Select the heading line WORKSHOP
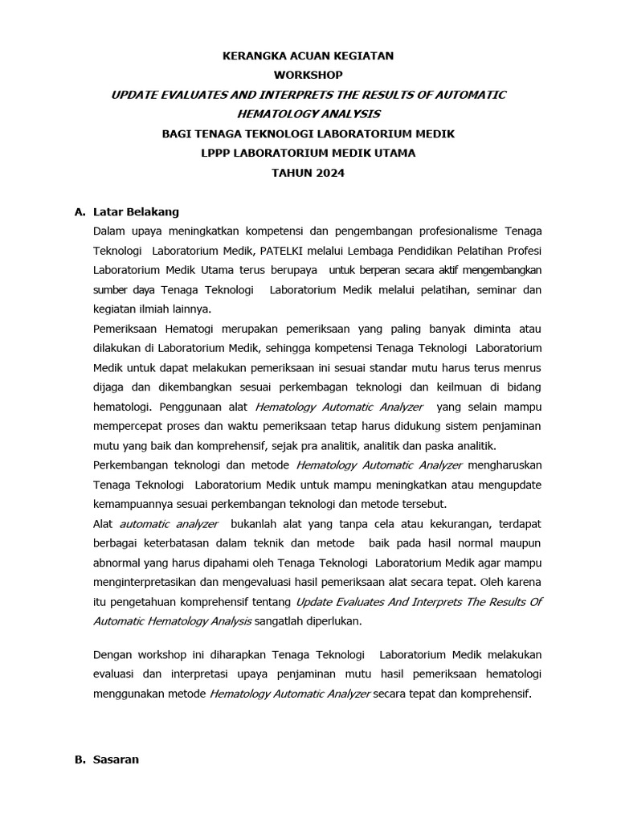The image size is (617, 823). click(308, 76)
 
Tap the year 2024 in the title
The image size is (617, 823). click(329, 173)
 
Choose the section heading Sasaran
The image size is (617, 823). click(116, 760)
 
